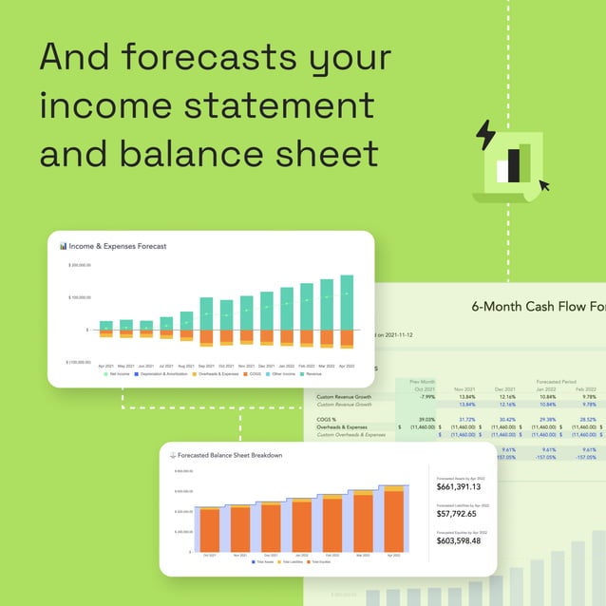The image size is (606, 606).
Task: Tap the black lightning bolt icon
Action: click(484, 135)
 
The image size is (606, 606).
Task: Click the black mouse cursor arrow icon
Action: click(543, 184)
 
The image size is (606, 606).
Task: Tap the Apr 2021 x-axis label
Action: click(105, 366)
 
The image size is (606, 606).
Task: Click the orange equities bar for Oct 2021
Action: click(210, 529)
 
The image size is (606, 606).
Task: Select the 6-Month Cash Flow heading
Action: click(538, 306)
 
